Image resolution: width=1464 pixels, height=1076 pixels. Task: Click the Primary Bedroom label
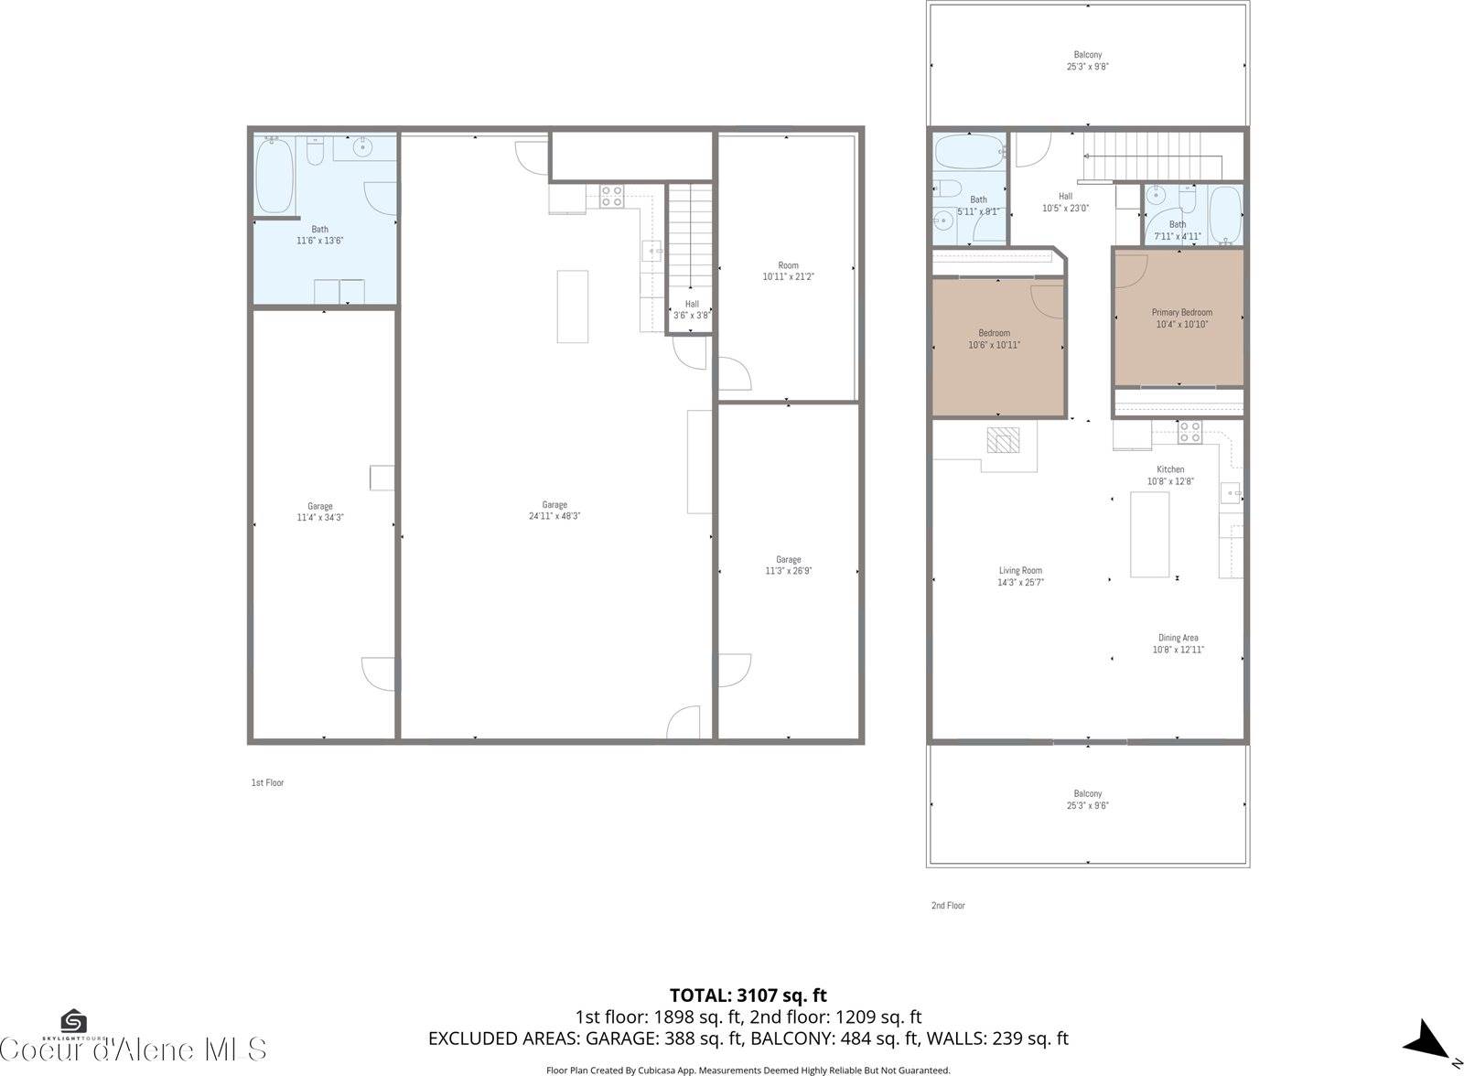[1181, 313]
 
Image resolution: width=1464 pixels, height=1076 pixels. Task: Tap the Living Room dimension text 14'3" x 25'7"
[1020, 582]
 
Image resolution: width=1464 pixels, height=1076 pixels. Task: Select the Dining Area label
[1178, 638]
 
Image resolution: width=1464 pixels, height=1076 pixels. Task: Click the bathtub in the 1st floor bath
[274, 175]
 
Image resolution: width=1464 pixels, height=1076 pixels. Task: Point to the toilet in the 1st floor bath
[315, 152]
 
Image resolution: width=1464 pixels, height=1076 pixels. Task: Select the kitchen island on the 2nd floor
[1150, 534]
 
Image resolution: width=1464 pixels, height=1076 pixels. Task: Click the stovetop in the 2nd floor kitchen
[1189, 432]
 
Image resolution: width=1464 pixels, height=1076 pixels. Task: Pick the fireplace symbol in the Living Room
[1002, 440]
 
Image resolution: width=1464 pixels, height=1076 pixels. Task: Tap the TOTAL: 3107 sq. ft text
[748, 995]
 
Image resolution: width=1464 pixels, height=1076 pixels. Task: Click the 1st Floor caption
[267, 782]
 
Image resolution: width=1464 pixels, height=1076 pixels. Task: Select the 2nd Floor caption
[948, 906]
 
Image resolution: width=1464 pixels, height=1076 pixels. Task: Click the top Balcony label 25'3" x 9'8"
[1088, 61]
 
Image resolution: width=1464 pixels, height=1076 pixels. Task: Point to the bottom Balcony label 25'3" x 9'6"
[1088, 800]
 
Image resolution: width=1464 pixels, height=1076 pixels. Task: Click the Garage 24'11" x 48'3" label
[554, 511]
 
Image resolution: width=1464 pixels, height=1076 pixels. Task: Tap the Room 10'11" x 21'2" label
[788, 271]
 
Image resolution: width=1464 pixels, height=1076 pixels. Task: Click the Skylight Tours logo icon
[73, 1020]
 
